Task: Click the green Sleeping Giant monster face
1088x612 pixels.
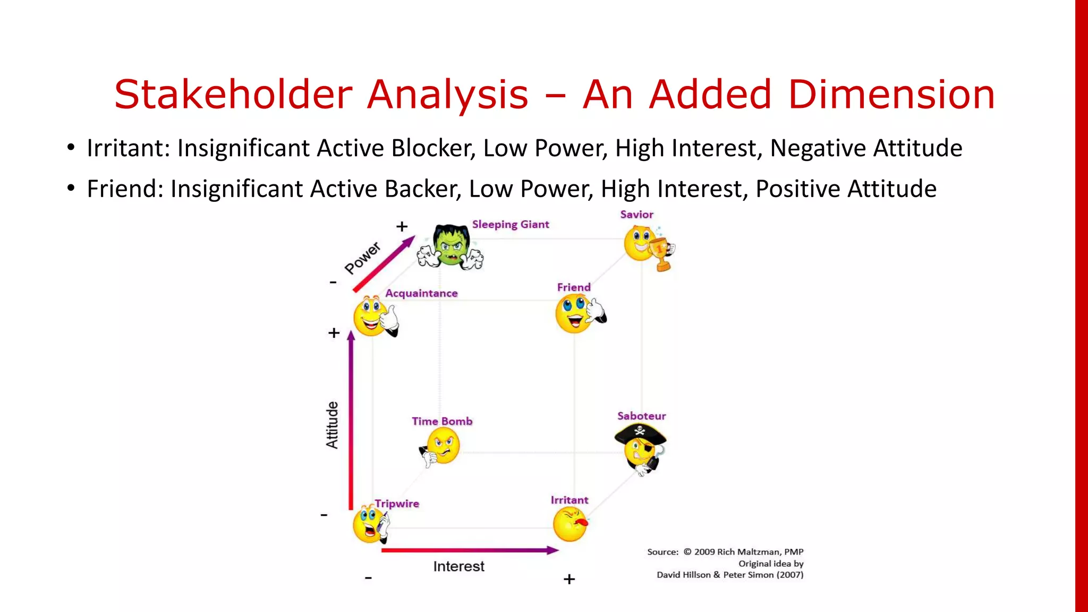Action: click(451, 245)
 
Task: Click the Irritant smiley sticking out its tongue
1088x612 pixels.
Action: click(570, 524)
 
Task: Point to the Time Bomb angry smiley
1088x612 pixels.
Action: click(442, 446)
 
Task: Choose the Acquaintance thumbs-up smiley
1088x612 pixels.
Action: click(372, 317)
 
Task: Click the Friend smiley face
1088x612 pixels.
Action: click(575, 314)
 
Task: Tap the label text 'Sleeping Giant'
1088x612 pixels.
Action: click(511, 224)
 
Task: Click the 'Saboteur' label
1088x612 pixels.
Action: click(641, 416)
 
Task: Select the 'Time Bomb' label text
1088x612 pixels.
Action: click(442, 421)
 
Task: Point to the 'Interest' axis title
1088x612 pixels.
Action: click(458, 566)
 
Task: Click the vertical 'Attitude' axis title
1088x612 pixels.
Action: click(332, 425)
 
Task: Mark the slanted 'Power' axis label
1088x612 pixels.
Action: click(363, 258)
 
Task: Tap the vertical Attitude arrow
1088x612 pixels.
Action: click(351, 420)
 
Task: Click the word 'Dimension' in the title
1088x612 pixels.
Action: click(891, 95)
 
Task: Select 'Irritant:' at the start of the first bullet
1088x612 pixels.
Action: click(128, 148)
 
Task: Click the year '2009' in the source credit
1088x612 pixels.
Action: click(704, 552)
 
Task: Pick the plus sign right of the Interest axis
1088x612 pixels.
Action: click(569, 579)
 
